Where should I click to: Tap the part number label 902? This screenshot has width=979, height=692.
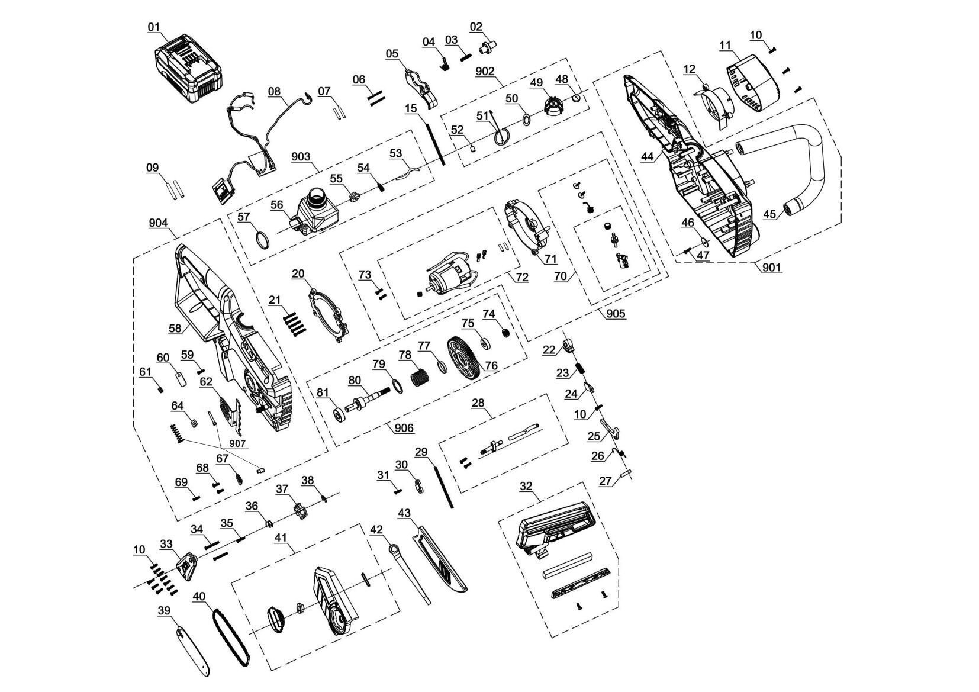pos(485,71)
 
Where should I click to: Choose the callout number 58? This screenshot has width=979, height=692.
pos(175,327)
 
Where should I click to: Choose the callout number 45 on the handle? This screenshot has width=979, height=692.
pos(769,214)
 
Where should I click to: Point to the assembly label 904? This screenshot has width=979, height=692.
pos(158,223)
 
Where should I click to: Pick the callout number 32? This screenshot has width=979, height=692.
pos(526,486)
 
